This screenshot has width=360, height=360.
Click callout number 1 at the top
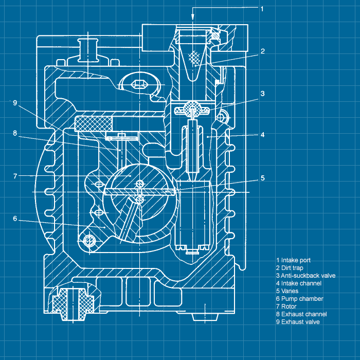tap(262, 9)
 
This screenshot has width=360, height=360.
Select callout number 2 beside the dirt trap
tap(262, 51)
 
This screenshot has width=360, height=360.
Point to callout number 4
tap(262, 135)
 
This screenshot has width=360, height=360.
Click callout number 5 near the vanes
tap(262, 178)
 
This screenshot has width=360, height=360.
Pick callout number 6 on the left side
tap(15, 219)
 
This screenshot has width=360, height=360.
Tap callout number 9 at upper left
tap(15, 103)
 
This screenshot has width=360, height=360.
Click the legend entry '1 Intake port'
tap(293, 260)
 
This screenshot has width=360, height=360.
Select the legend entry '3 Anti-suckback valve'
tap(305, 276)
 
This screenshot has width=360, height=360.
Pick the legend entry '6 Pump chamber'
tap(299, 299)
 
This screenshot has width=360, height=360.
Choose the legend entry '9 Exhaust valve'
tap(298, 322)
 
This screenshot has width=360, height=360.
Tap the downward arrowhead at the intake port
tap(193, 17)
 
